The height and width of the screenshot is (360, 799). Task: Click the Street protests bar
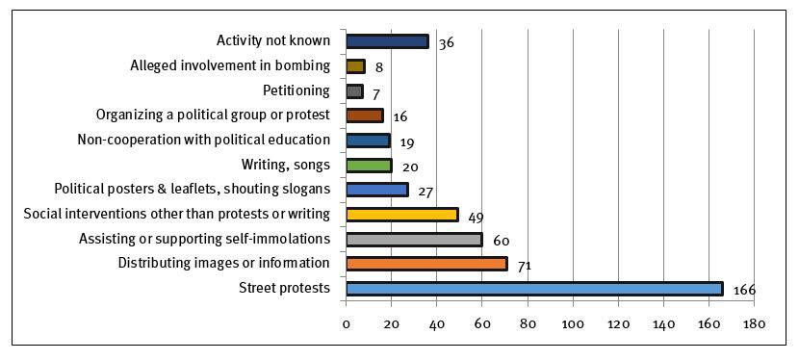(533, 288)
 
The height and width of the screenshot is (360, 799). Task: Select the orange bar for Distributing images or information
(425, 264)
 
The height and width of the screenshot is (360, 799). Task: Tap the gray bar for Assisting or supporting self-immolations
(413, 239)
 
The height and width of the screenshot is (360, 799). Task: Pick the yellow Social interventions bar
(401, 214)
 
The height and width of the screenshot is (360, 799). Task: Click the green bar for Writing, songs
(369, 165)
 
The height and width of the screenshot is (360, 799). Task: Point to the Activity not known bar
(386, 41)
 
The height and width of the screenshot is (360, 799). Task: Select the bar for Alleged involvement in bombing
(355, 66)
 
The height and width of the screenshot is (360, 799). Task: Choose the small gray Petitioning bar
(354, 91)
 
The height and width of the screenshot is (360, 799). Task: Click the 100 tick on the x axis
(573, 324)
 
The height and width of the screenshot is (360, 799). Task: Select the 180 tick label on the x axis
(754, 324)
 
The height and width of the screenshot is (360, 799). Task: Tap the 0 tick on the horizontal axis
(346, 324)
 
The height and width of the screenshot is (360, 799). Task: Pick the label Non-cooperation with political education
(204, 140)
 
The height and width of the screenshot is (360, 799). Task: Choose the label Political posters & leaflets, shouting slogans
(193, 189)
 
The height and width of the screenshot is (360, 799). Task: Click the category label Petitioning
(296, 90)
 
